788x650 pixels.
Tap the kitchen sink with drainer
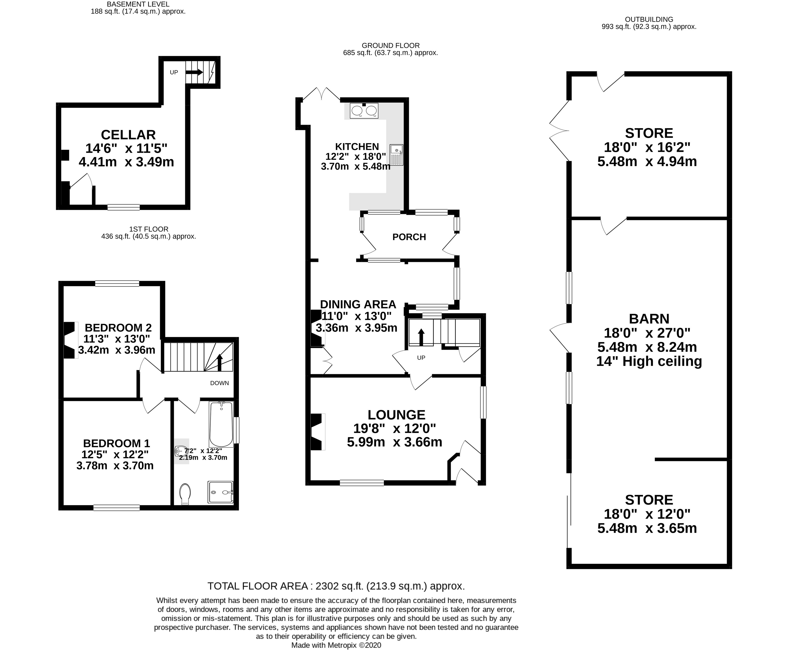(396, 155)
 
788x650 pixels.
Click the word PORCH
(409, 237)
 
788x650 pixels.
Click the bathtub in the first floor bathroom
(221, 424)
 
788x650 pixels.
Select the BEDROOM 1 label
(117, 444)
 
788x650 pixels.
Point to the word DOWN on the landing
(220, 383)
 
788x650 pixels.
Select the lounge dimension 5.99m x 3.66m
(394, 442)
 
